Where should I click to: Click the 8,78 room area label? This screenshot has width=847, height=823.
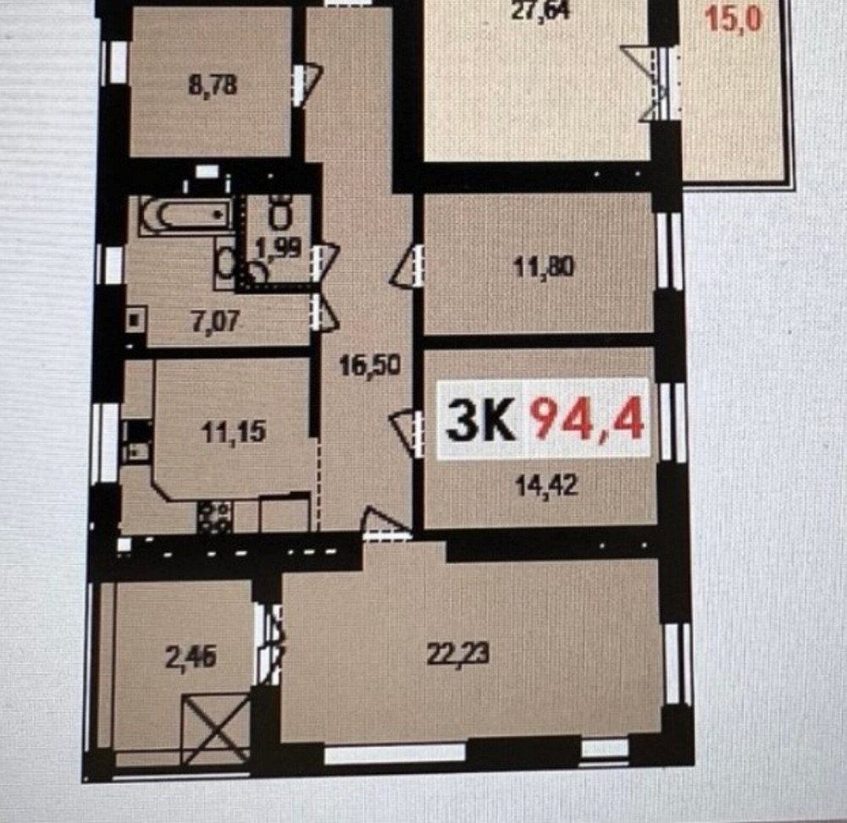tap(211, 85)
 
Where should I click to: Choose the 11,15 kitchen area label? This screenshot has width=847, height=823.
tap(233, 433)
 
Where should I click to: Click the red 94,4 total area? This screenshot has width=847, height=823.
tap(586, 418)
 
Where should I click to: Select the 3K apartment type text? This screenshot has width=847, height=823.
tap(479, 419)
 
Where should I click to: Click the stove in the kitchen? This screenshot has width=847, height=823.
tap(214, 516)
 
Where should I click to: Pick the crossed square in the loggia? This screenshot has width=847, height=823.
tap(215, 726)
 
